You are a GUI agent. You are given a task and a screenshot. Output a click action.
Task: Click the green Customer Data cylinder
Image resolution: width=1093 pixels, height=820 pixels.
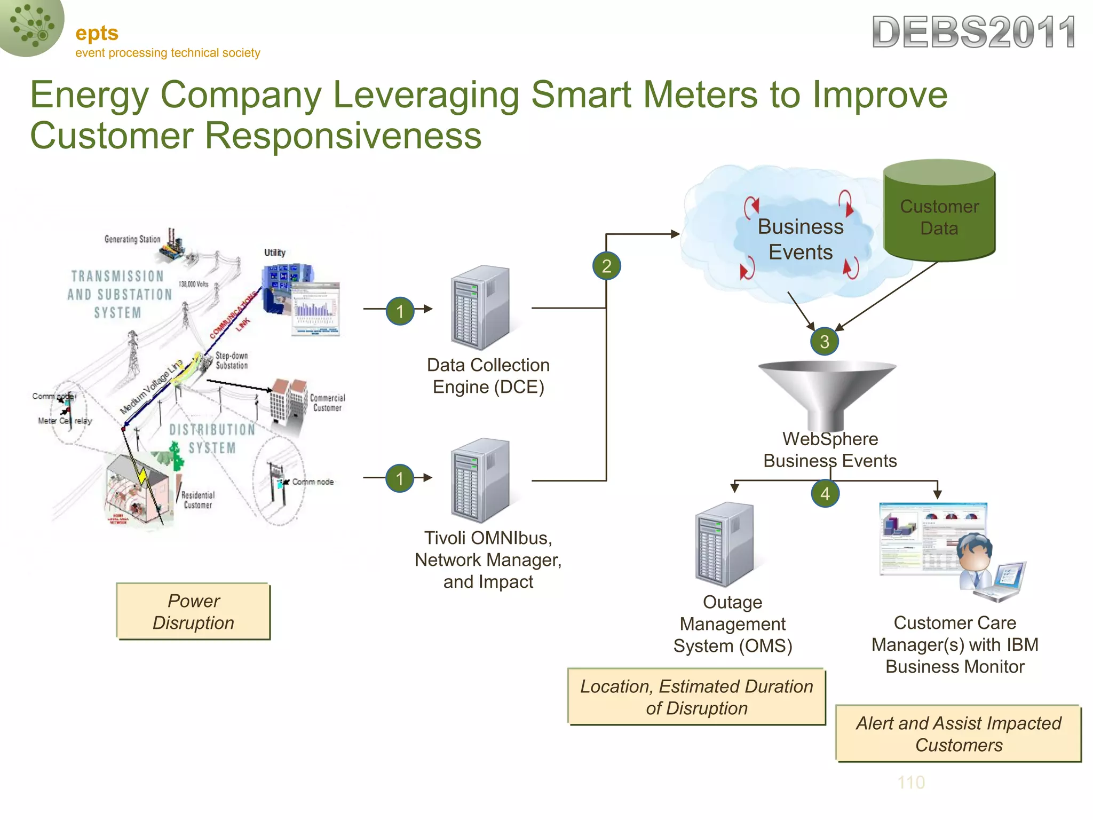click(x=939, y=214)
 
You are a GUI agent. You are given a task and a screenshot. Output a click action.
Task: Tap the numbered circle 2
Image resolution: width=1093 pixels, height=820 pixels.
click(x=606, y=266)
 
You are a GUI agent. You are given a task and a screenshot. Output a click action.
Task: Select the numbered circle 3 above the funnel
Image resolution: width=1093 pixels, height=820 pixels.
click(x=824, y=341)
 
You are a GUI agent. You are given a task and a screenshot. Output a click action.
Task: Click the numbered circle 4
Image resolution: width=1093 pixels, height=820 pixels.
click(x=825, y=493)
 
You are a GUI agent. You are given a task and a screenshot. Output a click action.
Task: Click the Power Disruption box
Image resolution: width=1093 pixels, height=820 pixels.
click(x=193, y=611)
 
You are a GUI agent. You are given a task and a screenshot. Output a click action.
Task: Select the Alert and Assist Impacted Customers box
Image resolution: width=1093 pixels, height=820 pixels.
click(x=959, y=734)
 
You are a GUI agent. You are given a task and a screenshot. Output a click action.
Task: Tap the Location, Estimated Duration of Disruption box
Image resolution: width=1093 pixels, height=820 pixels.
click(x=696, y=697)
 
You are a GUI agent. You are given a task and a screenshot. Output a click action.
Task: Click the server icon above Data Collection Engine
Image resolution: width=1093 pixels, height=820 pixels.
click(x=480, y=307)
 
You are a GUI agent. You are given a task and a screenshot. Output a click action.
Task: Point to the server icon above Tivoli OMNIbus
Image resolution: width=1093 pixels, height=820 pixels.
click(x=480, y=480)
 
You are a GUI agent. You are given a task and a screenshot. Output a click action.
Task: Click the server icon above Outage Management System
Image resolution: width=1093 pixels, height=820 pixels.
click(x=724, y=545)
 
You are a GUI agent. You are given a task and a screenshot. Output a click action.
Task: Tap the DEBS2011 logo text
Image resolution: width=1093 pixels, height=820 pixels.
click(x=974, y=32)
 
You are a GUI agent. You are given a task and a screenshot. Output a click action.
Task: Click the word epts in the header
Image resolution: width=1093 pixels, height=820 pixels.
click(x=97, y=33)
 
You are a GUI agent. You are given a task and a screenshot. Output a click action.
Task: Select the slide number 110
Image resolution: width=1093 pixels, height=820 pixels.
click(x=911, y=782)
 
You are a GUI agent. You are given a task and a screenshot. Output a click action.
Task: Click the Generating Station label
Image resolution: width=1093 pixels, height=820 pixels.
click(x=132, y=239)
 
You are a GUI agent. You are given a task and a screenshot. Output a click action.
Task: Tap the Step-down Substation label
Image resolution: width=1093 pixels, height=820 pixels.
click(x=232, y=360)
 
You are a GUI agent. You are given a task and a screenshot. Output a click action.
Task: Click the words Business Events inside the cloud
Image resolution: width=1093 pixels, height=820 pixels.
click(x=801, y=239)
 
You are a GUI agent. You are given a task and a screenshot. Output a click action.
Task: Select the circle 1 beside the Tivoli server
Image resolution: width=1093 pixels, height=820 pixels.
click(x=400, y=478)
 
